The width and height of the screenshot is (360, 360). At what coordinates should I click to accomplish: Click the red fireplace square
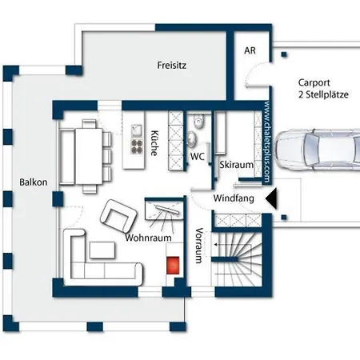coord(173,265)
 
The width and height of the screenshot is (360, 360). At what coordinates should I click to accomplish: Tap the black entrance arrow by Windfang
coord(272,198)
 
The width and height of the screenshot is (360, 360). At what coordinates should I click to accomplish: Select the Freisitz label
coord(172,66)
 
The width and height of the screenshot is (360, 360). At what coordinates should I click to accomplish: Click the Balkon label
coord(34,182)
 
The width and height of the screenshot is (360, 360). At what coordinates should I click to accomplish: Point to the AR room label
coord(250,50)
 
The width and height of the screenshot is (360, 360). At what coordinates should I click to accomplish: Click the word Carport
coord(314,83)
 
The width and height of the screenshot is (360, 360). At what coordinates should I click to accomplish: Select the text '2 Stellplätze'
coord(323,94)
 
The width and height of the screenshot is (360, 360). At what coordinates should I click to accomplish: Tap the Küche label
coord(154,143)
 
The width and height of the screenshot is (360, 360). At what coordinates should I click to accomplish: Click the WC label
coord(198,156)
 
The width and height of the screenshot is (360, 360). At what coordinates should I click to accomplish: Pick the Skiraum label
coord(236,165)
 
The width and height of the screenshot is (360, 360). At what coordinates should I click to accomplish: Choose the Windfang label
coord(234,198)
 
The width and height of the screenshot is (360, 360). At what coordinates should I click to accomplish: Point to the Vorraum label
coord(199,246)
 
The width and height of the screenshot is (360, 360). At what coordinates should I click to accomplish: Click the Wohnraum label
coord(148,238)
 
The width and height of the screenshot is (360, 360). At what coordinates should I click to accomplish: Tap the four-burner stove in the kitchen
coord(137,146)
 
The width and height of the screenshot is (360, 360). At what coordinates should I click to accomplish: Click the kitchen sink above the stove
coord(137,131)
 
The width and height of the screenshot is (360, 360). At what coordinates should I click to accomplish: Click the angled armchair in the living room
coord(118,215)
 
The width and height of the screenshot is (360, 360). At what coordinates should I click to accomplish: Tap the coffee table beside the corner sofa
coord(102,250)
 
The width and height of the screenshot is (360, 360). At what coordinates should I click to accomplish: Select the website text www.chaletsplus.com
coord(266,142)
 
